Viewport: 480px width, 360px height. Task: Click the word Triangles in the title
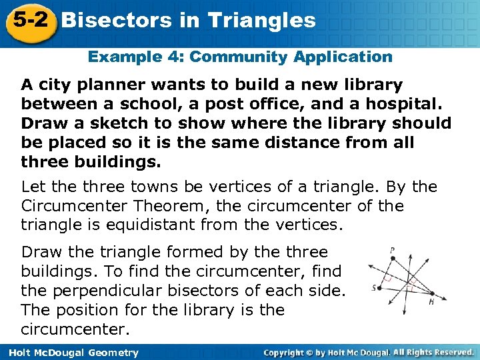tap(262, 21)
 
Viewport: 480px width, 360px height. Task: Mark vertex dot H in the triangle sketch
tap(432, 293)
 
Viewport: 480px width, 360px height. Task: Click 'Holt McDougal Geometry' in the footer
tap(70, 353)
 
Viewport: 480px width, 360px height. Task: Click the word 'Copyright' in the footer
tap(287, 352)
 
